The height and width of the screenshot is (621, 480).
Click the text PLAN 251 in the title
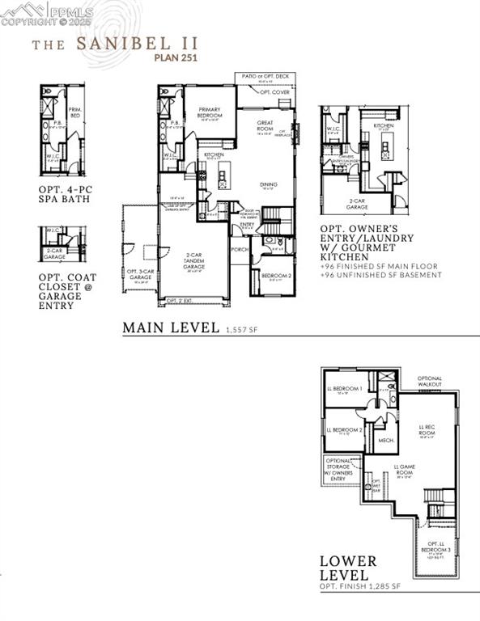click(176, 57)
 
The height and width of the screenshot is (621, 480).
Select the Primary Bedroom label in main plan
click(211, 115)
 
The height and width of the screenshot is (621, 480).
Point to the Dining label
click(269, 184)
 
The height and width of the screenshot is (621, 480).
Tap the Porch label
click(240, 250)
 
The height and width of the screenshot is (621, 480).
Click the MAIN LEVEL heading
click(171, 327)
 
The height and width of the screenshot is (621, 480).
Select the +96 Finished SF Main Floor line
click(379, 266)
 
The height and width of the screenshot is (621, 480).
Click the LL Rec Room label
click(427, 429)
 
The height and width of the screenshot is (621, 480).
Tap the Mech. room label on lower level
click(386, 441)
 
